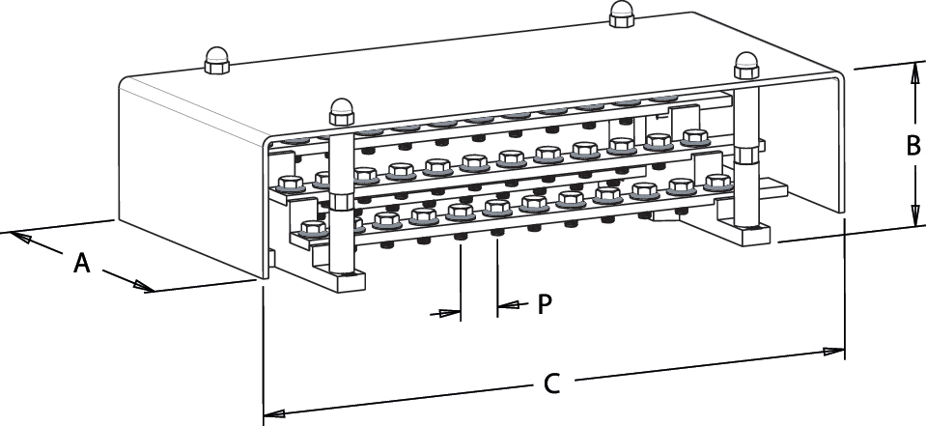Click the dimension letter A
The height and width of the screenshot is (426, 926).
82,262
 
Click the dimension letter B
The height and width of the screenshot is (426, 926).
912,145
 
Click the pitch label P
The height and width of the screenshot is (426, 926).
545,303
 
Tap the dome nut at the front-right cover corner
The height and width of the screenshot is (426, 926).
747,66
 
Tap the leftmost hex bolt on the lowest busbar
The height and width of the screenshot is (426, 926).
311,229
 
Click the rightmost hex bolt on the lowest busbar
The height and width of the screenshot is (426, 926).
716,181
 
